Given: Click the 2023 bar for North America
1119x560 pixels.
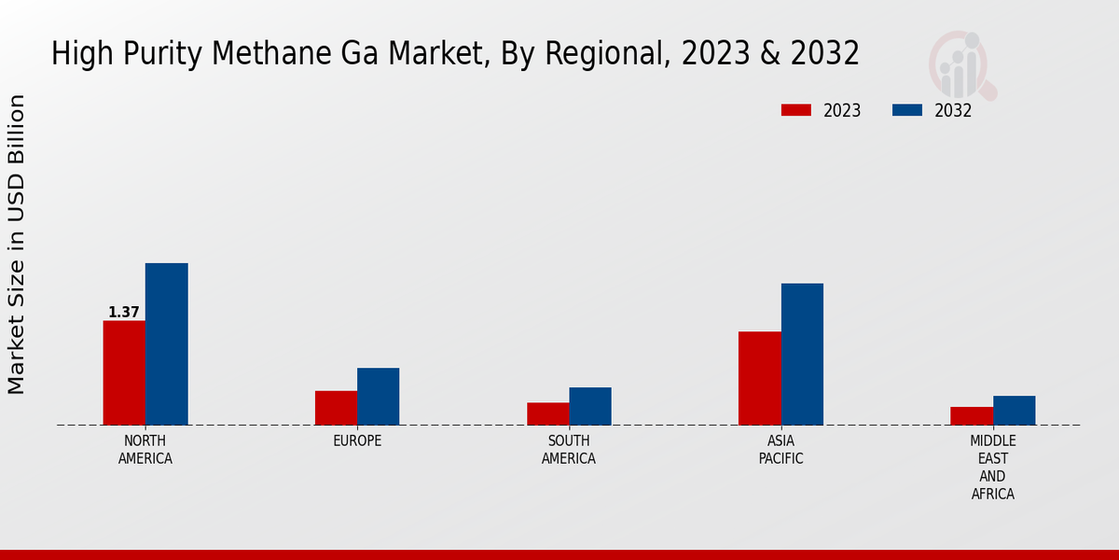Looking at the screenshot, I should (124, 373).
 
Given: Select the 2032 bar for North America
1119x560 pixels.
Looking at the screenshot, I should (166, 344).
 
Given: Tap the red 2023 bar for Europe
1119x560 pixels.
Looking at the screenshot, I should (336, 408).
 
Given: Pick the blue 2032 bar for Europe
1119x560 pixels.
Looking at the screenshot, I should (378, 397).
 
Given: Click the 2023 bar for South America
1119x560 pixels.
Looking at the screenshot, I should (547, 413).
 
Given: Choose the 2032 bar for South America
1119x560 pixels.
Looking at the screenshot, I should (590, 406).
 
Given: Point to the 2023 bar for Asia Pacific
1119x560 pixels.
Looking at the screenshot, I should (759, 378).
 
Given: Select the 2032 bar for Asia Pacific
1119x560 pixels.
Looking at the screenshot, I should (802, 355).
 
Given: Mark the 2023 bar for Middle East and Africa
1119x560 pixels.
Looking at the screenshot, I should (972, 416).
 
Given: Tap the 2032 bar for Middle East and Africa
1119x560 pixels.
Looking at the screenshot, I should (1014, 411).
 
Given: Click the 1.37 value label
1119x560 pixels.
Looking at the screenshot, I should (124, 313).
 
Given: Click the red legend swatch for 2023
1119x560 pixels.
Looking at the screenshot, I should (796, 110).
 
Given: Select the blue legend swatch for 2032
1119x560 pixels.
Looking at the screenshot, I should (907, 110).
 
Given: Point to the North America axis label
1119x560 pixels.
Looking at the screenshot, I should (145, 450).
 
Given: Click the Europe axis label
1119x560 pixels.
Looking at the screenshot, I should (357, 441).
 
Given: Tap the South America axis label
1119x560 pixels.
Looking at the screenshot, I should (569, 450).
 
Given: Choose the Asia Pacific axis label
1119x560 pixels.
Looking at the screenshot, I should (781, 450).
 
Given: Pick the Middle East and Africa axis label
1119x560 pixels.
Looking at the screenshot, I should (993, 467).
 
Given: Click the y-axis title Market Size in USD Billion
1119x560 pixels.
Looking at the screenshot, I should (17, 245).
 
